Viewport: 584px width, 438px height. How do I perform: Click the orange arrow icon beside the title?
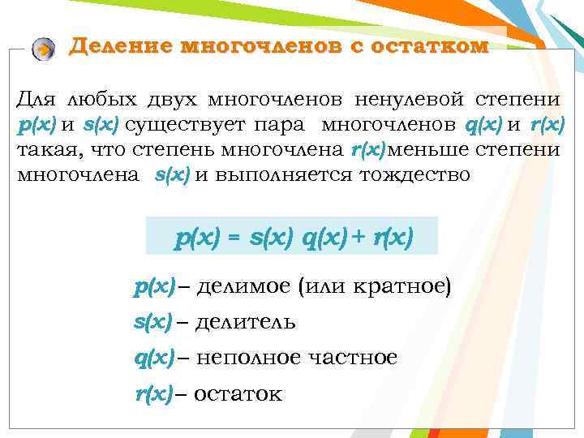point(45,49)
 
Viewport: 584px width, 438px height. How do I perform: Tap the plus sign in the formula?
point(359,238)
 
